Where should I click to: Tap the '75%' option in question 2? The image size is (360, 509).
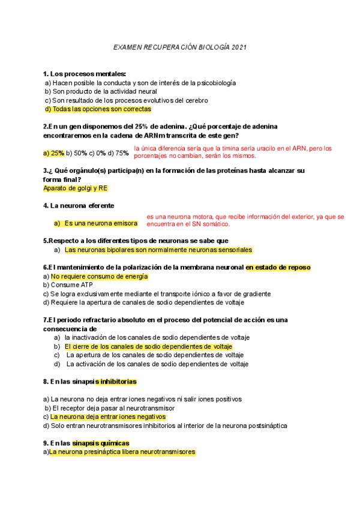pyautogui.click(x=122, y=153)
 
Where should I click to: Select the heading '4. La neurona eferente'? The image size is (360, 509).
pyautogui.click(x=79, y=206)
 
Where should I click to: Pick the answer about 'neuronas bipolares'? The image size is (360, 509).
pyautogui.click(x=158, y=250)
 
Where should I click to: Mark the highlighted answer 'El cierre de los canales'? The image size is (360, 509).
pyautogui.click(x=148, y=347)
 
